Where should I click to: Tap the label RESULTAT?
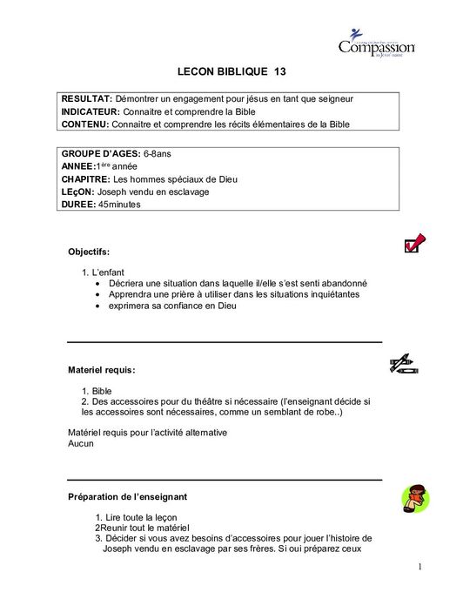tap(86, 98)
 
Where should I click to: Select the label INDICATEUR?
tap(91, 111)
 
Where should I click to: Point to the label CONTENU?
tap(86, 125)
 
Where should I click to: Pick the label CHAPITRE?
tap(86, 178)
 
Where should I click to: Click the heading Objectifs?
tap(89, 252)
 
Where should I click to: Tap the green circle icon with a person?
tap(414, 499)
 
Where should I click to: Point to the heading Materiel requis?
tap(101, 370)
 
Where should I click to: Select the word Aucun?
tap(80, 443)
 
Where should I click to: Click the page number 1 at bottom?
tap(419, 567)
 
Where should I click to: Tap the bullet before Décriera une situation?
tap(97, 283)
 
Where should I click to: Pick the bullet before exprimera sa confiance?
tap(97, 306)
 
